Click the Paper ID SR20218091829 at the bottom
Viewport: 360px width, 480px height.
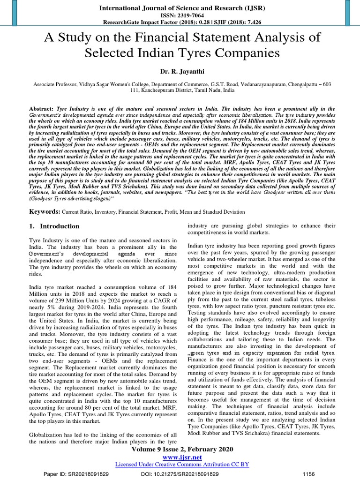pyautogui.click(x=76, y=474)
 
